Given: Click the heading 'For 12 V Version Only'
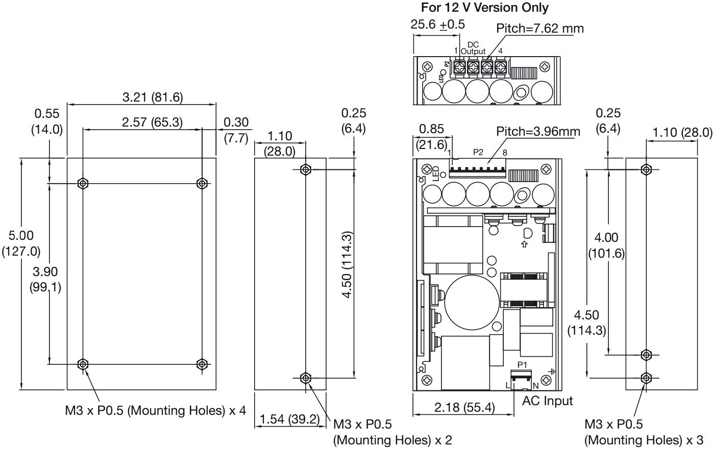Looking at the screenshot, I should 484,8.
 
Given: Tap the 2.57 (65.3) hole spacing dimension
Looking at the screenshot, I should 152,122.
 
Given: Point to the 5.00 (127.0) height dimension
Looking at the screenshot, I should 21,243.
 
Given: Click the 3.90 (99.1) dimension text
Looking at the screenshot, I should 46,279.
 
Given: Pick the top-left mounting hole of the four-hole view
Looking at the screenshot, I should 83,183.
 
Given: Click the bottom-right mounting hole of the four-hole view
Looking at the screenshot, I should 202,364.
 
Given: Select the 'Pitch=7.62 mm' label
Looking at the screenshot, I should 540,28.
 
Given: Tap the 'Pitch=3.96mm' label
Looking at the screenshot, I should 538,132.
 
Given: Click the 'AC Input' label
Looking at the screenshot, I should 547,401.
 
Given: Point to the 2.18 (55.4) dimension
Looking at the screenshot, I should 464,408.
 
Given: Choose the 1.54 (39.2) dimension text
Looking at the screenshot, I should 289,419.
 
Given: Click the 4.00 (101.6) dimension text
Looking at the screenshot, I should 606,245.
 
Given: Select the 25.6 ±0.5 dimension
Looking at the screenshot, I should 437,24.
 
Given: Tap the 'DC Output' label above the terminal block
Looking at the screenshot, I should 473,48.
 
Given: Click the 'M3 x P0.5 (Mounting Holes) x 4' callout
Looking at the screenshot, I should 155,411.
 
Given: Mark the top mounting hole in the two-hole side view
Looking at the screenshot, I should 305,169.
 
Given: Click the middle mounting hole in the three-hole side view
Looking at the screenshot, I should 646,354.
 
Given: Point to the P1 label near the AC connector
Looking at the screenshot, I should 522,365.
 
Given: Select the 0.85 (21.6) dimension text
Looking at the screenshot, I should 431,137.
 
